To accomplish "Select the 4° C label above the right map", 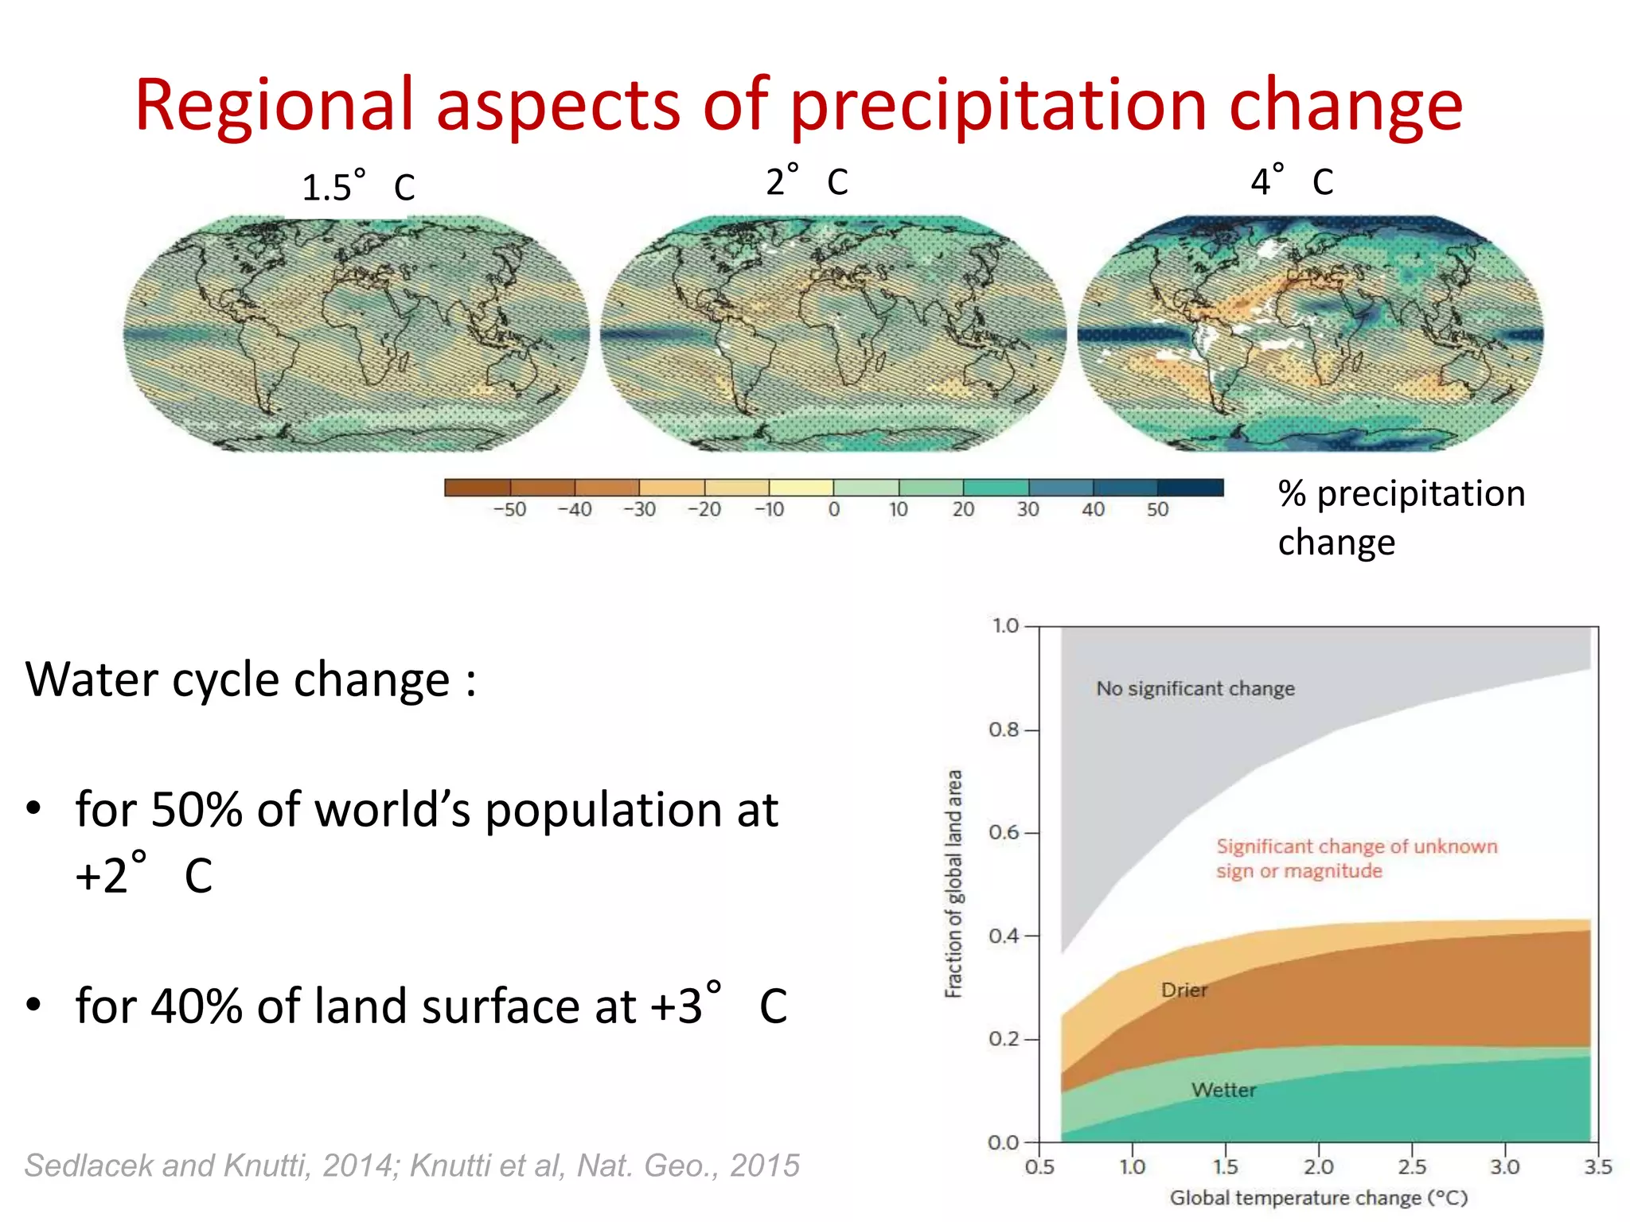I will [1291, 181].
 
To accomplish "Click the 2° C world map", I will [833, 333].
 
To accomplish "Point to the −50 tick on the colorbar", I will [509, 510].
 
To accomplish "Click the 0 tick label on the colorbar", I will [833, 510].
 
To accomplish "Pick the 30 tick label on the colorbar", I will [1028, 510].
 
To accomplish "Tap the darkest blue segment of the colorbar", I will [1190, 488].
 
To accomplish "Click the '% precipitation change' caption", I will [1401, 518].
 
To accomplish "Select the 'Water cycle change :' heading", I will [251, 680].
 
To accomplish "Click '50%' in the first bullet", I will [196, 810].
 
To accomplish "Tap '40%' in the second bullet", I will [196, 1006].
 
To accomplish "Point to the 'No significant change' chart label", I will [1195, 688].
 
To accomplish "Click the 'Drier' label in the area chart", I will [1184, 990].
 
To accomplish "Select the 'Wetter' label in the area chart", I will [1223, 1090].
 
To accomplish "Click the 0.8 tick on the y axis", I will [1004, 730].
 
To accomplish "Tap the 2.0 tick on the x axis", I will [1318, 1166].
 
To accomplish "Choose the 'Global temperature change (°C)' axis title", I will [1318, 1198].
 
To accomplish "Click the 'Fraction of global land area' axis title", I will [953, 883].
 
